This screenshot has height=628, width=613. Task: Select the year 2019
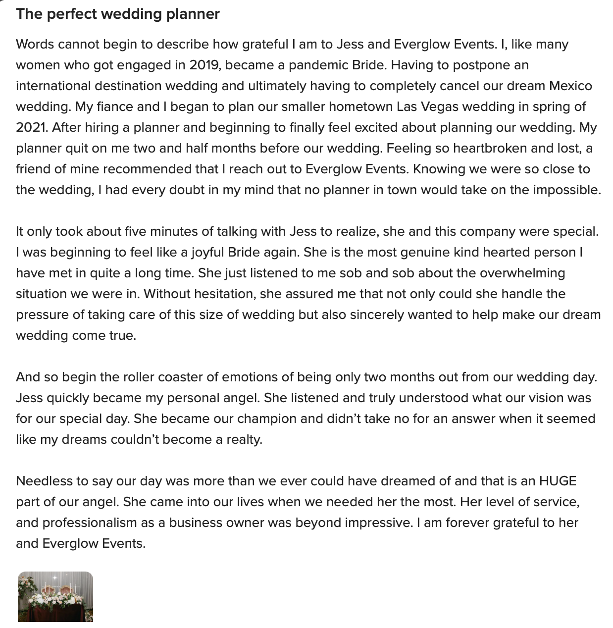(204, 65)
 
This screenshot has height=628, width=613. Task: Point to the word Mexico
(570, 86)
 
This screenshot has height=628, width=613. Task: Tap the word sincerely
(377, 314)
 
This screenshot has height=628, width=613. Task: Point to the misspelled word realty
(244, 439)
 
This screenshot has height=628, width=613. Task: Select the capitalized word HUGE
(558, 481)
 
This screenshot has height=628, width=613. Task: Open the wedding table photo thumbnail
(55, 596)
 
